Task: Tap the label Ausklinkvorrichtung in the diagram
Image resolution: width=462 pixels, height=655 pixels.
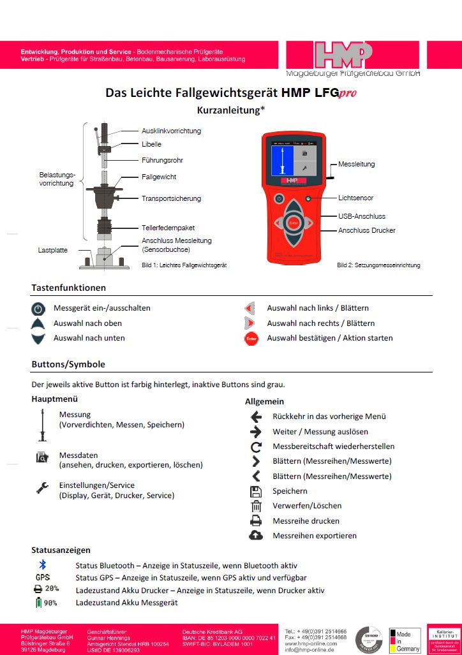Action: (x=171, y=131)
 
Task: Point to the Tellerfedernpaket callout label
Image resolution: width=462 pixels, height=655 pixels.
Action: (x=168, y=228)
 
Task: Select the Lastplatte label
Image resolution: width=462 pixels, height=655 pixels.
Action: (x=52, y=251)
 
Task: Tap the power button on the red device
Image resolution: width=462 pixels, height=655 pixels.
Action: (x=279, y=198)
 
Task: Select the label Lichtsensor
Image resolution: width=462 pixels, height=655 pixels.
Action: (x=355, y=198)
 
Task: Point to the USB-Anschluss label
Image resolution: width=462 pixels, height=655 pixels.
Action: (x=362, y=216)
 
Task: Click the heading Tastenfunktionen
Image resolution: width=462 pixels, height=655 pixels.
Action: (x=69, y=288)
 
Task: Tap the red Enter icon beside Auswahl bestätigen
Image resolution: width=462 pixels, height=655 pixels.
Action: (x=251, y=339)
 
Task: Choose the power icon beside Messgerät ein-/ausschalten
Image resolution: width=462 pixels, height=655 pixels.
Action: (x=39, y=309)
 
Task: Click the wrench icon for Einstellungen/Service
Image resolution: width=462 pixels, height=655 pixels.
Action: (x=42, y=489)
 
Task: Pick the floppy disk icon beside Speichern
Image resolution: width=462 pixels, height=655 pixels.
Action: (x=256, y=491)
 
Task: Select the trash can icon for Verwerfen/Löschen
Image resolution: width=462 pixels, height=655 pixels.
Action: (x=256, y=506)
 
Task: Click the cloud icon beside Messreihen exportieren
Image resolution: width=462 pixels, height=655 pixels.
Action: (x=256, y=536)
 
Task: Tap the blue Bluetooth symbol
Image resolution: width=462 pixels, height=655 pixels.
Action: (x=43, y=565)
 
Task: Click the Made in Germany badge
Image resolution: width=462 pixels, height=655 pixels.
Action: (x=405, y=640)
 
